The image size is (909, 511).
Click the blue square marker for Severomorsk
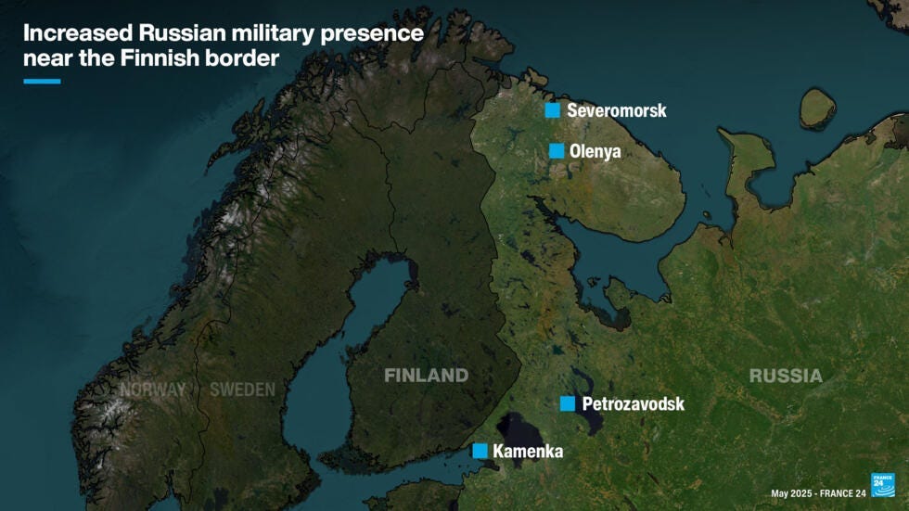(x=553, y=110)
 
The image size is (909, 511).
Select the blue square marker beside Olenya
(x=557, y=151)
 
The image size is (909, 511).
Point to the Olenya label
(x=595, y=151)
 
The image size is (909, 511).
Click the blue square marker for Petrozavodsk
(x=568, y=403)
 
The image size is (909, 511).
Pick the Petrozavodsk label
(x=633, y=403)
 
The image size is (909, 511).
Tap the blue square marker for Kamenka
(x=480, y=451)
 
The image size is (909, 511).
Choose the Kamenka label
(x=528, y=452)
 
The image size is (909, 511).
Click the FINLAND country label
(x=427, y=376)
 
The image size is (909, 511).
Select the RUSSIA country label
(x=786, y=376)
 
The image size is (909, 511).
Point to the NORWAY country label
(x=152, y=390)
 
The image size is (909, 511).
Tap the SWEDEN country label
(x=242, y=390)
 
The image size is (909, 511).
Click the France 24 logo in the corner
(x=882, y=484)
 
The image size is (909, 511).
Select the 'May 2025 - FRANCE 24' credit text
(x=817, y=493)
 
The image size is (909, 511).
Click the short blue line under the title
(x=42, y=82)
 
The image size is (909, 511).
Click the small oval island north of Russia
(x=817, y=108)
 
